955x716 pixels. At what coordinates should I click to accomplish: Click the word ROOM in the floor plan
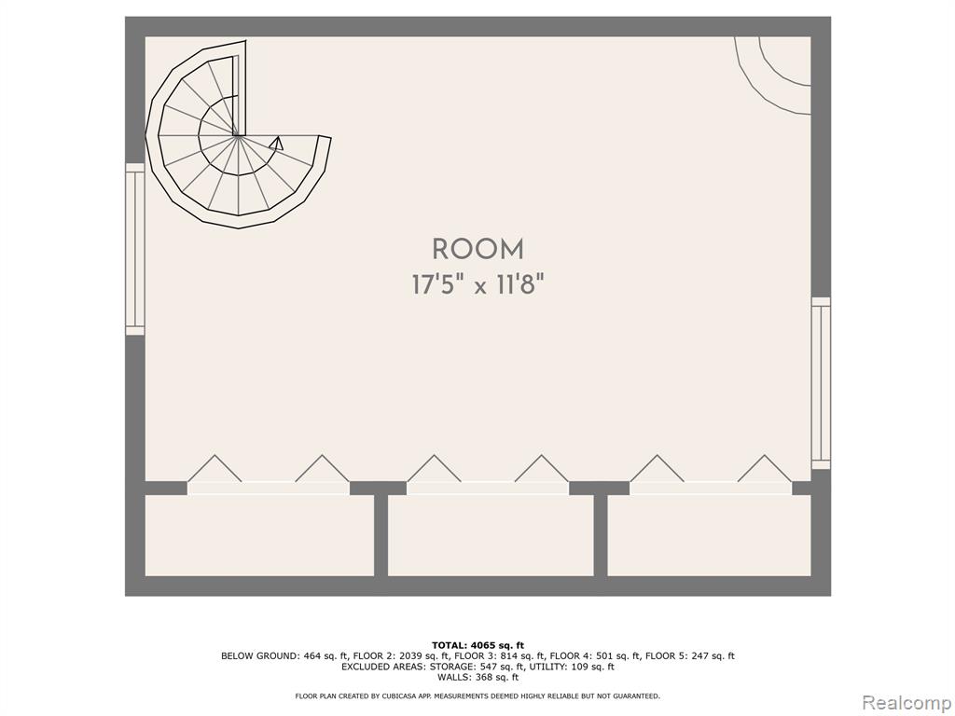click(x=477, y=250)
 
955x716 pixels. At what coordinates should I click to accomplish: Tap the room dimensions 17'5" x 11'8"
click(x=477, y=284)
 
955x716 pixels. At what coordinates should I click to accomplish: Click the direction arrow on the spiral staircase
click(x=276, y=143)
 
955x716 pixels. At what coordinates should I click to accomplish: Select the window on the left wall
click(x=134, y=249)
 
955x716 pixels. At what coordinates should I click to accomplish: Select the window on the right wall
click(x=821, y=383)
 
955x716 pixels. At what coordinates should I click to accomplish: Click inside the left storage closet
click(x=259, y=535)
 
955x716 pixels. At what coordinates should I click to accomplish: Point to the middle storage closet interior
click(x=491, y=535)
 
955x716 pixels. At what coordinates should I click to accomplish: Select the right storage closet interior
click(x=710, y=535)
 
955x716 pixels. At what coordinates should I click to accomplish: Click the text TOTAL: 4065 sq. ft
click(x=477, y=645)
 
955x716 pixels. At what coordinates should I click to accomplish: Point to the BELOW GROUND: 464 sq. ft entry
click(x=285, y=656)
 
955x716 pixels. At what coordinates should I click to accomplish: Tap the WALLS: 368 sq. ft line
click(x=477, y=677)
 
